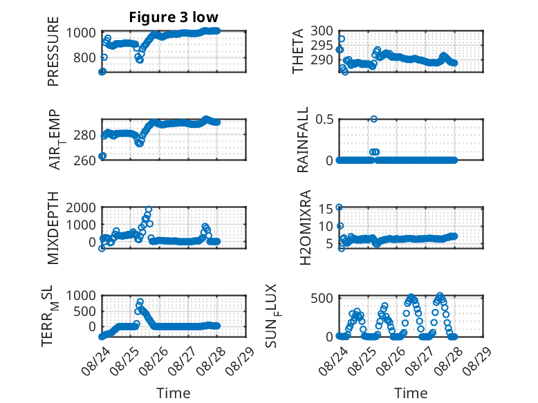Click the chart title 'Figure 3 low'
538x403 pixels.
coord(174,17)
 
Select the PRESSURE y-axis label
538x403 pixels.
coord(53,51)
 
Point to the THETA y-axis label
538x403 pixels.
coord(298,51)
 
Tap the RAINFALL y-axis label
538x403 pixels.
coord(303,140)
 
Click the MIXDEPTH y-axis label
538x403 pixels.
coord(53,228)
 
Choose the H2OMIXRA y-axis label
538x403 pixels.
coord(305,227)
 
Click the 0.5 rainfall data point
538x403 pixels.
coord(374,119)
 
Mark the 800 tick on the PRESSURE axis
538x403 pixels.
coord(84,57)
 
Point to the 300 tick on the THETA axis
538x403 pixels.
coord(322,31)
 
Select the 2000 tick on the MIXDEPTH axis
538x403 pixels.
coord(81,207)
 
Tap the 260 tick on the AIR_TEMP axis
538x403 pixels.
coord(84,160)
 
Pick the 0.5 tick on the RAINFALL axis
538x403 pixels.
coord(324,120)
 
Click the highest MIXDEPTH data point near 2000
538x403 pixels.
coord(149,209)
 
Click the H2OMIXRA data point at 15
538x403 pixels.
coord(340,207)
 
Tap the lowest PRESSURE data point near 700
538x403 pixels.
coord(102,71)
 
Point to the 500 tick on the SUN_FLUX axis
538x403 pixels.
coord(322,298)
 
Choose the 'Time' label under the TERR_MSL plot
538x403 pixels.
coord(174,393)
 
